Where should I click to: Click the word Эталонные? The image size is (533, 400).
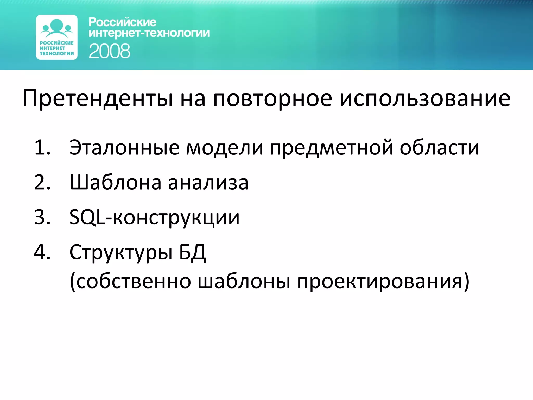click(124, 148)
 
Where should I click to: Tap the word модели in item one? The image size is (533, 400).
click(224, 148)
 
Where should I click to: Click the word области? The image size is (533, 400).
click(439, 148)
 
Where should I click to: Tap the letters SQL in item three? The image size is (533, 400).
click(87, 217)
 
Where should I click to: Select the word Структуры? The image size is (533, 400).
click(121, 253)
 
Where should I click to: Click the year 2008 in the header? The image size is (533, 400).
click(109, 51)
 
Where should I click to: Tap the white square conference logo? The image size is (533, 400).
click(57, 37)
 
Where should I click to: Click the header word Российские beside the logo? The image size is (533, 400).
click(122, 22)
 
